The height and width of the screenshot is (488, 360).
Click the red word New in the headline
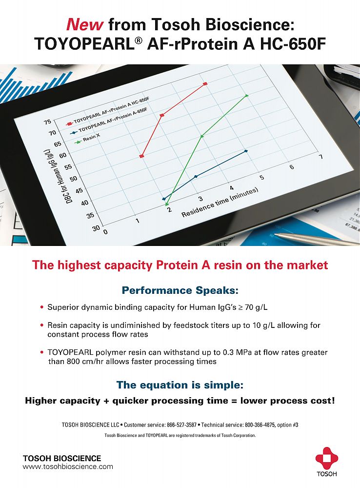[84, 24]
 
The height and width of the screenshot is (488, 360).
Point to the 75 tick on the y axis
[48, 122]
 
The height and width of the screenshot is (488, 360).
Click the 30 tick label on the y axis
[96, 228]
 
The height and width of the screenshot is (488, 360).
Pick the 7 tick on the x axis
[321, 157]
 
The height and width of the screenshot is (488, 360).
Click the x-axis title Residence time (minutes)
[220, 203]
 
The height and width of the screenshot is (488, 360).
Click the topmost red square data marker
[205, 84]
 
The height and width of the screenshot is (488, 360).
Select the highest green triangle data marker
[247, 95]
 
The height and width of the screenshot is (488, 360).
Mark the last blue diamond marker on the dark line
[246, 151]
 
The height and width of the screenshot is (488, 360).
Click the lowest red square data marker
[142, 156]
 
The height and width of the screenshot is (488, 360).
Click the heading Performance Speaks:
[180, 290]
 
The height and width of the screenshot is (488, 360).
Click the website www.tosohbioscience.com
[68, 467]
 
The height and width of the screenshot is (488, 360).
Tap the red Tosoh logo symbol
[327, 458]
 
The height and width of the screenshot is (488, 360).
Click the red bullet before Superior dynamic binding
[41, 307]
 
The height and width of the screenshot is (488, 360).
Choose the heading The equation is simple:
[180, 385]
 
